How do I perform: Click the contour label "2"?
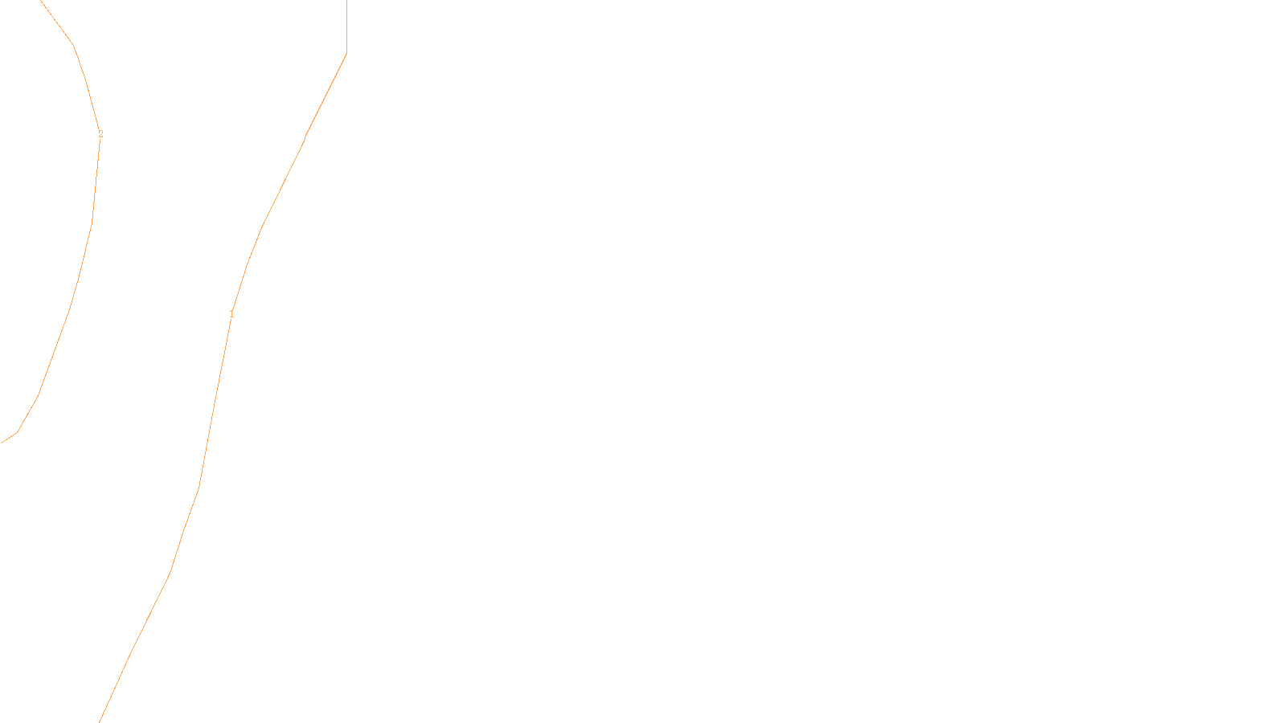point(100,134)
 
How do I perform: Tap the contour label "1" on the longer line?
point(231,314)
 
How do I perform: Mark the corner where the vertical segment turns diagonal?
point(346,54)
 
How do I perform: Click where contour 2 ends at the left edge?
point(2,442)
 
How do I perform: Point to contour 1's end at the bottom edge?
point(100,721)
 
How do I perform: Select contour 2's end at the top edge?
point(41,2)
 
